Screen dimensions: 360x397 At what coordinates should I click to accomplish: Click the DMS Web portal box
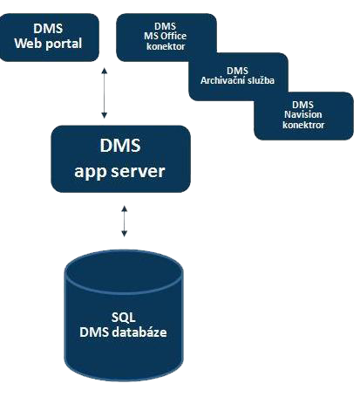click(x=49, y=38)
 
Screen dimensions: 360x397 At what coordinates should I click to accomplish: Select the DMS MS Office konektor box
click(x=166, y=37)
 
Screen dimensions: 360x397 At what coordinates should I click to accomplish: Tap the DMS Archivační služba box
click(x=238, y=77)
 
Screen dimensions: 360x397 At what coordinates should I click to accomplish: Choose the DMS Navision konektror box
click(x=303, y=116)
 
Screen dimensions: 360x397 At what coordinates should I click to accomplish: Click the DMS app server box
click(x=120, y=159)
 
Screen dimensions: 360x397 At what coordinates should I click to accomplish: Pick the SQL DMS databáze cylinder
click(x=124, y=315)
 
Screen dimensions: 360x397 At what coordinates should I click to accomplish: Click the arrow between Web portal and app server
click(x=104, y=93)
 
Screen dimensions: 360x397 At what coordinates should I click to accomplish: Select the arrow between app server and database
click(x=124, y=221)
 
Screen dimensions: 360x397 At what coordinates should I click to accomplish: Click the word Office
click(x=173, y=36)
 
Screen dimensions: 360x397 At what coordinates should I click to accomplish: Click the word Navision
click(x=303, y=114)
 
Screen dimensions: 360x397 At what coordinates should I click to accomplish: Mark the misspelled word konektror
click(x=303, y=125)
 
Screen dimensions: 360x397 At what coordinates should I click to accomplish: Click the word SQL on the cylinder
click(x=124, y=317)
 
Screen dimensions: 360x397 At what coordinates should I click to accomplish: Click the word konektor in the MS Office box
click(x=166, y=46)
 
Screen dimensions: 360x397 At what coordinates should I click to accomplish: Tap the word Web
click(x=28, y=44)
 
